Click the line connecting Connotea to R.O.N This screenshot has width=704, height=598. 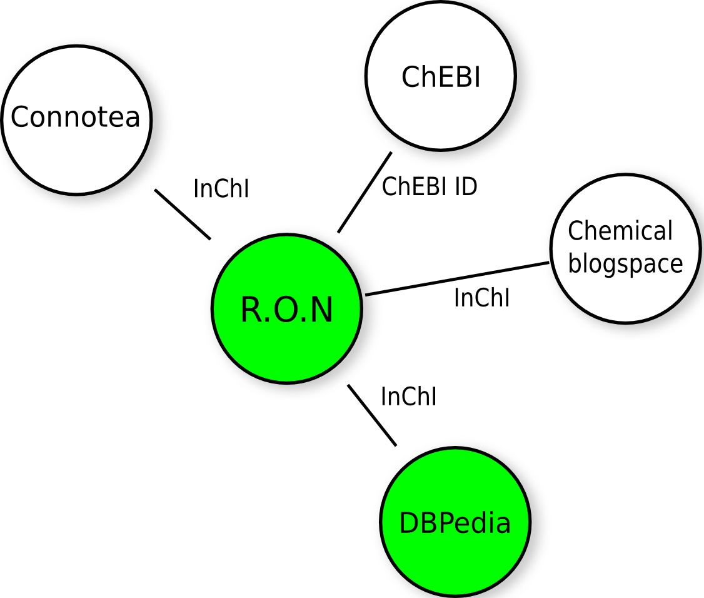[183, 214]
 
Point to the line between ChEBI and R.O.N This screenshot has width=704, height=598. [365, 192]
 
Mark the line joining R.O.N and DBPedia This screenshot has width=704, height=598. [372, 416]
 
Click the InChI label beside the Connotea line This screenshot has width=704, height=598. [221, 189]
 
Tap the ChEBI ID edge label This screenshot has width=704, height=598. [430, 186]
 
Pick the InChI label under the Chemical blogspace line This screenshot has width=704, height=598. [481, 298]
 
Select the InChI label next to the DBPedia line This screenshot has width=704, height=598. [408, 397]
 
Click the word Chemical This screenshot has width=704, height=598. [620, 231]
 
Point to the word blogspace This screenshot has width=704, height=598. [625, 264]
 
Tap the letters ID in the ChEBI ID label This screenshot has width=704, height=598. [466, 186]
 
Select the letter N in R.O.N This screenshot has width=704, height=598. [321, 310]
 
